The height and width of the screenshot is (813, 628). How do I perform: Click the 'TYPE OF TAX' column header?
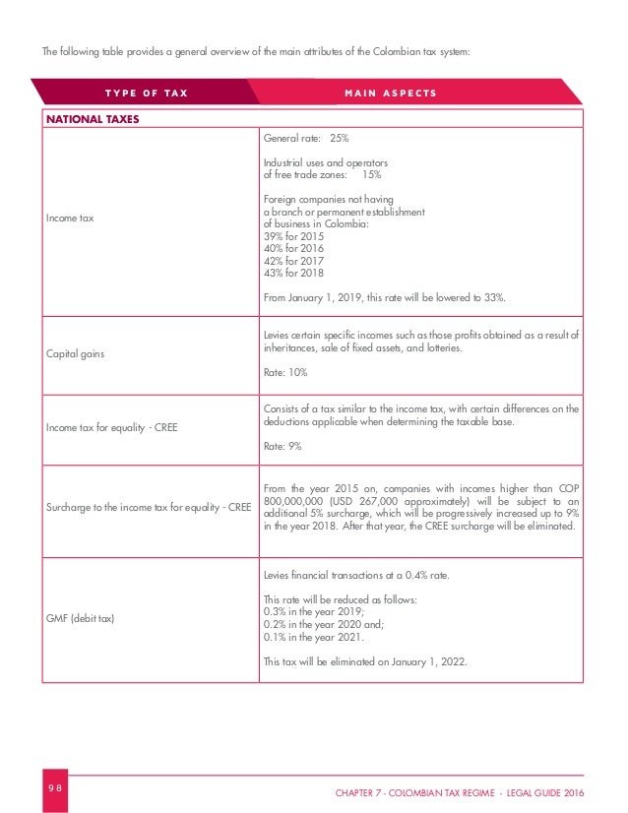tap(147, 94)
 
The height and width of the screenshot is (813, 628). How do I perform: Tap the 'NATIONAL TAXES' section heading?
tap(91, 120)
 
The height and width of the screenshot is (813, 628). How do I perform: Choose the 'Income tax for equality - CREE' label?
tap(111, 428)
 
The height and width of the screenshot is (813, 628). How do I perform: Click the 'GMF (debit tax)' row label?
tap(82, 618)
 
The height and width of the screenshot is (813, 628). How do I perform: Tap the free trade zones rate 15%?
tap(371, 175)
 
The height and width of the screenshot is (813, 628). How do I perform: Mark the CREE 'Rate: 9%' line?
tap(282, 446)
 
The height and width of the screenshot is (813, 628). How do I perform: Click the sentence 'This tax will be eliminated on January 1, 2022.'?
tap(363, 661)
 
